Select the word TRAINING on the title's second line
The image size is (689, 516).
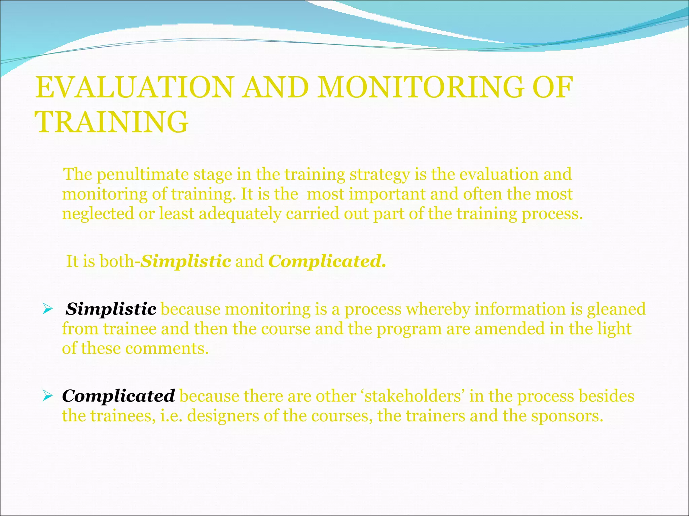click(x=112, y=122)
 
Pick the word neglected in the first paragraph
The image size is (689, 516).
click(x=98, y=214)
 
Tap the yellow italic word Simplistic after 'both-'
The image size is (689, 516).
click(x=186, y=261)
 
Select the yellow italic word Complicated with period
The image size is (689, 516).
click(x=327, y=261)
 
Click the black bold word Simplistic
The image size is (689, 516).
click(x=111, y=309)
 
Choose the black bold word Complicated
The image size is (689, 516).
click(x=118, y=396)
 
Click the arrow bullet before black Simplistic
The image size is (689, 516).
click(x=47, y=309)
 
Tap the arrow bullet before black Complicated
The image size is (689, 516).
click(x=47, y=396)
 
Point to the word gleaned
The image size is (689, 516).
click(x=616, y=309)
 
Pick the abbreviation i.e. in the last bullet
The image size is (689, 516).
click(x=172, y=416)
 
